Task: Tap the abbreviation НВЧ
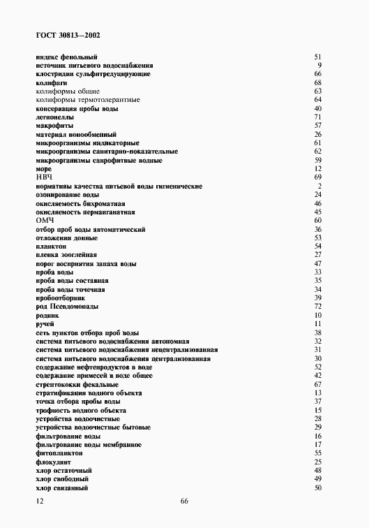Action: (x=43, y=177)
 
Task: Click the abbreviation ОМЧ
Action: (x=44, y=221)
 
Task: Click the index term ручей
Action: (x=44, y=323)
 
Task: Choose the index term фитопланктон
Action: (x=59, y=453)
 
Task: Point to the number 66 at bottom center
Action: (x=184, y=501)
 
